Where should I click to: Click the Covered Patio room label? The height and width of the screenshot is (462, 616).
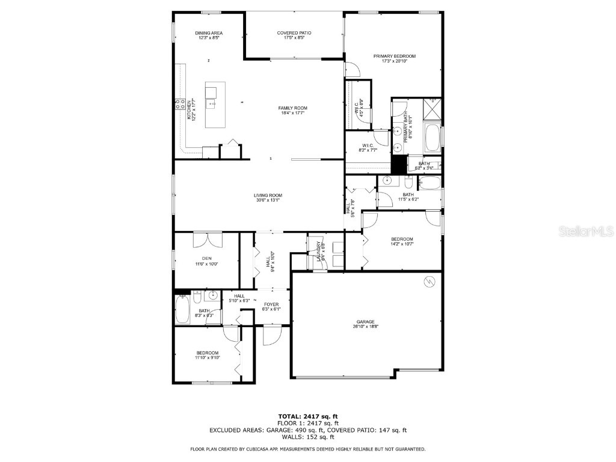coord(294,32)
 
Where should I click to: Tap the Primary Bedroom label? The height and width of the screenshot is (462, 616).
coord(394,56)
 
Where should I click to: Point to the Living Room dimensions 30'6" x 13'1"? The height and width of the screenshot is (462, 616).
coord(268,200)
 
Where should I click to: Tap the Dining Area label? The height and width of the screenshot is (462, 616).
coord(209,32)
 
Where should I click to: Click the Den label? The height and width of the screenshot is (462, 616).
coord(206,259)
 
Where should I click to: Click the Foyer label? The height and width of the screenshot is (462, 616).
coord(271,304)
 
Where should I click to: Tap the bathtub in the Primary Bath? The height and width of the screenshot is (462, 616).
coord(432,138)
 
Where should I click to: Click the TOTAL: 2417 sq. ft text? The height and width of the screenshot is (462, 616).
coord(308,416)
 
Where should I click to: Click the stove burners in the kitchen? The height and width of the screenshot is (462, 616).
coord(180,105)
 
